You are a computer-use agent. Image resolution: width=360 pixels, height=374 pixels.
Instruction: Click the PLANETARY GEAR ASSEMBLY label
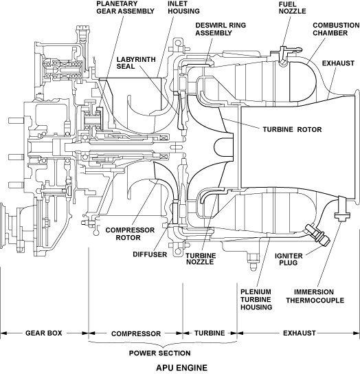pos(126,8)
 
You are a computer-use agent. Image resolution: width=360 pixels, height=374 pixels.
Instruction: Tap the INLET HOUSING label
pos(183,8)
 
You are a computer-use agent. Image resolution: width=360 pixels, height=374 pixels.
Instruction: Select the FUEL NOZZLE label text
pos(292,8)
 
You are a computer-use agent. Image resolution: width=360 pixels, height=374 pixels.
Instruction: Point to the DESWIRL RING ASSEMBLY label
pos(221,29)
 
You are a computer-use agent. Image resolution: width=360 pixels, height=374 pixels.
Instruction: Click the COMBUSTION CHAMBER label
pos(336,29)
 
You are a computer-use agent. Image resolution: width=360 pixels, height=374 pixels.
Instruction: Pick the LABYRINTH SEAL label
pos(136,63)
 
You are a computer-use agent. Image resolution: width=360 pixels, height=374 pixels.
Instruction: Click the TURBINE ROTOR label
pos(292,129)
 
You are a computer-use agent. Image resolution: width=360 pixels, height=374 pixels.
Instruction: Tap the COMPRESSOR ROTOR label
pos(130,234)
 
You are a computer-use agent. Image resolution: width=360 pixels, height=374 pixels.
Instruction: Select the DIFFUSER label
pos(150,254)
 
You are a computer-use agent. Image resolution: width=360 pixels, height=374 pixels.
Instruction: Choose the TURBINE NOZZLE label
pos(201,258)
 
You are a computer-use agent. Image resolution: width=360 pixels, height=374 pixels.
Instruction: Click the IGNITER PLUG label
pos(289,259)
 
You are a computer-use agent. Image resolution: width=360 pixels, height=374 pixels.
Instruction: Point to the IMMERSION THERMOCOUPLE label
pos(315,296)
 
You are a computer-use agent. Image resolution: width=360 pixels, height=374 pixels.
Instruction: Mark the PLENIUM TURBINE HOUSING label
pos(256,300)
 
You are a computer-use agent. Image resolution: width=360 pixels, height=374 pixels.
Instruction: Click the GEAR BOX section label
pos(44,333)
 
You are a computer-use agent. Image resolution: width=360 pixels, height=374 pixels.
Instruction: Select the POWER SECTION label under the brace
pos(160,353)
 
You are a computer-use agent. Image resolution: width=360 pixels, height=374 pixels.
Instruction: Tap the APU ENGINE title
pos(181,368)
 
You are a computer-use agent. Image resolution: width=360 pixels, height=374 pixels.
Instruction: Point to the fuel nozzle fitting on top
pos(284,55)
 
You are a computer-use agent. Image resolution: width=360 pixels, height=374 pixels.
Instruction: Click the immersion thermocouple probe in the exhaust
pos(342,208)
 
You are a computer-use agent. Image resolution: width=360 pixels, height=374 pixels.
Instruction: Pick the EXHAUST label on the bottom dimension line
pos(300,333)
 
